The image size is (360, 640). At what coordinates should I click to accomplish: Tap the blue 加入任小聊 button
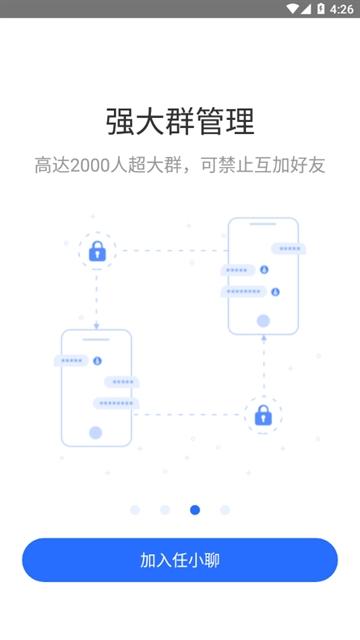click(180, 560)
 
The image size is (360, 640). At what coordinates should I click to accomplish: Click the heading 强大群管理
click(180, 121)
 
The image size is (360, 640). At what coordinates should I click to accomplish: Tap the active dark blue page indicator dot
click(195, 510)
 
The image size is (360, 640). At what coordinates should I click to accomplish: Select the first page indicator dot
click(135, 510)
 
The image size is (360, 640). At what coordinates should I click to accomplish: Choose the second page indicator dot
click(165, 510)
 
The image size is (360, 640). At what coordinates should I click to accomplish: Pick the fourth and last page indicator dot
click(225, 510)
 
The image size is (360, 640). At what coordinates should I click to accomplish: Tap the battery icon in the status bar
click(321, 9)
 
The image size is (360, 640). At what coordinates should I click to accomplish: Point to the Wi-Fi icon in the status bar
click(292, 9)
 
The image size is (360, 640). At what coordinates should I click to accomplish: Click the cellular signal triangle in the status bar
click(306, 9)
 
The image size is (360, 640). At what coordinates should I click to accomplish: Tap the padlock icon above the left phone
click(97, 252)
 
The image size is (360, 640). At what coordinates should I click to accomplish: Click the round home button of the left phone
click(96, 433)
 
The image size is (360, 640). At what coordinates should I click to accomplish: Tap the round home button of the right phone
click(263, 321)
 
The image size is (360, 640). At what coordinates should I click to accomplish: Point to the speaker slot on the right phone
click(263, 226)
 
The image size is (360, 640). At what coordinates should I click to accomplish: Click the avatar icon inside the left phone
click(97, 360)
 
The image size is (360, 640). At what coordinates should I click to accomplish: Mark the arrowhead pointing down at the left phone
click(97, 326)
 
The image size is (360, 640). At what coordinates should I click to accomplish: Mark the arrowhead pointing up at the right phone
click(263, 339)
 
